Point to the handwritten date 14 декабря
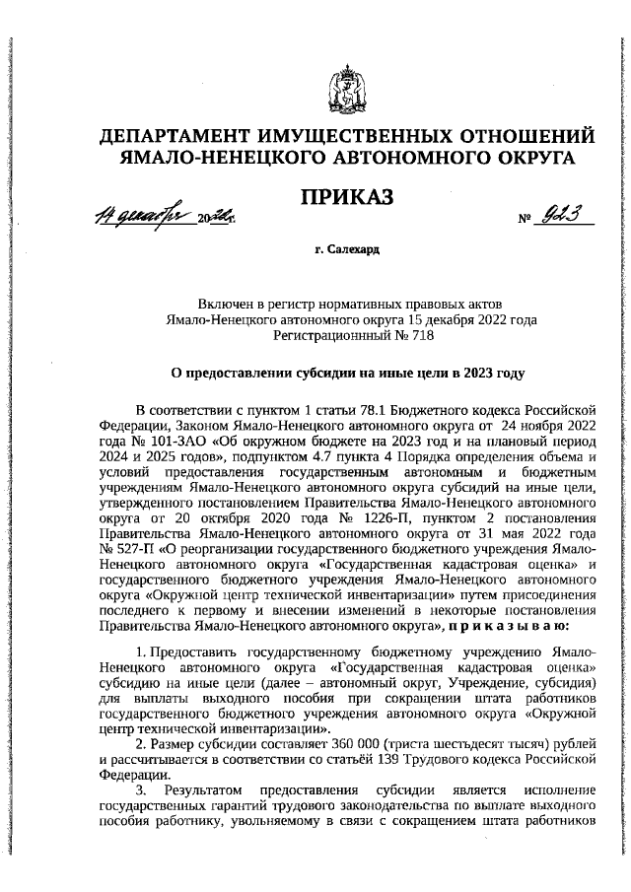point(145,214)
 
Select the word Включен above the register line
point(225,300)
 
